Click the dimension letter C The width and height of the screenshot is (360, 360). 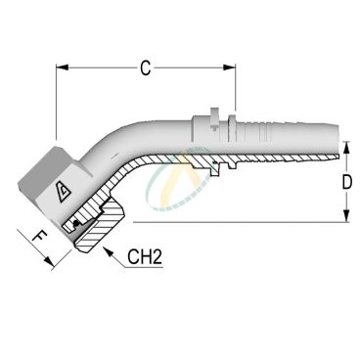tap(146, 68)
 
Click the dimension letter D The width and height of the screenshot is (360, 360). tap(347, 182)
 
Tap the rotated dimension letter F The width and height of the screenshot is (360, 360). tap(40, 236)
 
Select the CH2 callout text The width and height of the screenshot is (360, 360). tap(145, 256)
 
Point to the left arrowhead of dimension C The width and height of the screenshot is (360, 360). tap(62, 67)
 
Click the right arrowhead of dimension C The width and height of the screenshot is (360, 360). tap(230, 67)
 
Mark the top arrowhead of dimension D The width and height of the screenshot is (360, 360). tap(346, 148)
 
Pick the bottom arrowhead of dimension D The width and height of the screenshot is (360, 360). tap(346, 216)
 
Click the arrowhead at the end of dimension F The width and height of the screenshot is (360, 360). tap(49, 261)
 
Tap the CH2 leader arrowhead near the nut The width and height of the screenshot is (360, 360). tap(108, 251)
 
